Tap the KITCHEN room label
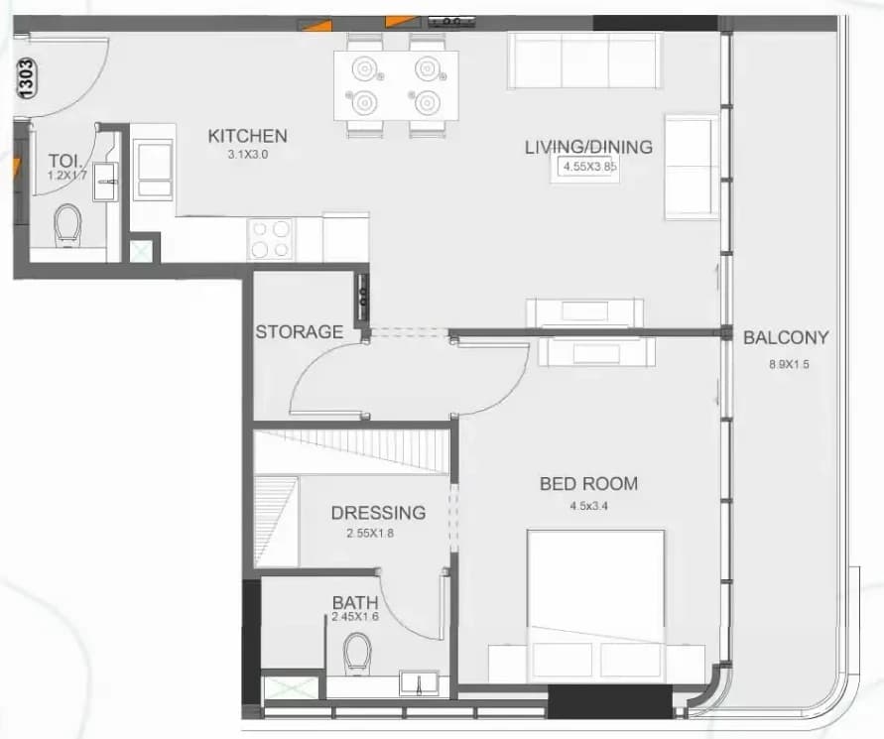point(247,136)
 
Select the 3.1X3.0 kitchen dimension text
point(248,155)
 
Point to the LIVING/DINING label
point(588,147)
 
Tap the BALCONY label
point(786,337)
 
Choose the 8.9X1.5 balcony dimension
point(789,364)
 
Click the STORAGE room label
point(300,331)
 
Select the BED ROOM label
point(588,484)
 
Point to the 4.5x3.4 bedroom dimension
point(588,506)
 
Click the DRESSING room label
point(378,513)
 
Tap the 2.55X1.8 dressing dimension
point(370,534)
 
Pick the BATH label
point(355,602)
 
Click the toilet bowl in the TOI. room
point(68,225)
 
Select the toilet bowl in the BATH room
point(357,653)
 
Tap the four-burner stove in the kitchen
point(271,239)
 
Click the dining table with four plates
point(396,85)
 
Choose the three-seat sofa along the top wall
point(584,61)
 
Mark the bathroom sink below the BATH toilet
point(419,683)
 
